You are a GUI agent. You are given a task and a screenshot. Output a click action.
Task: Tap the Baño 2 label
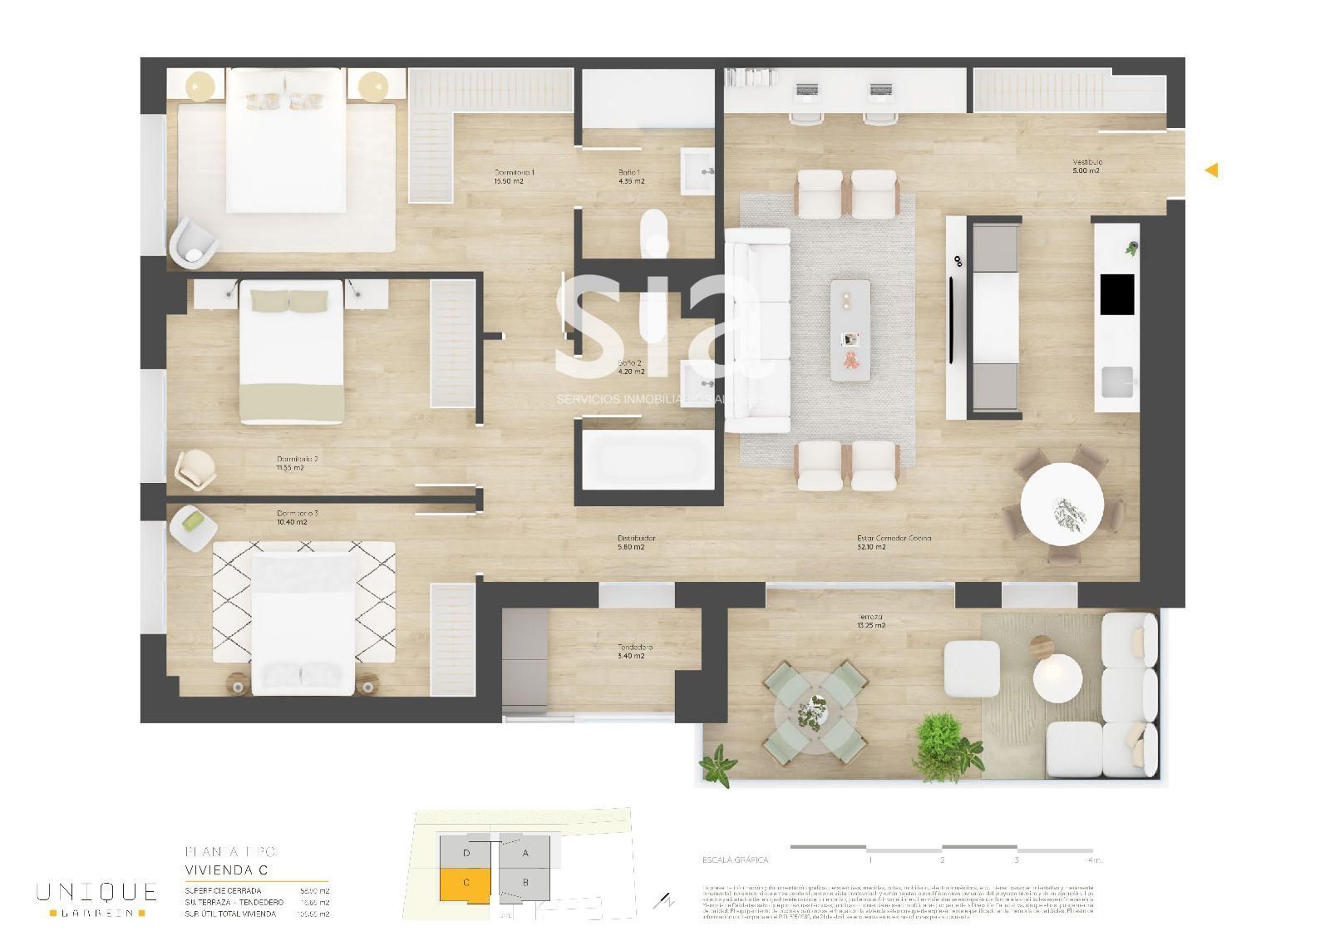(630, 367)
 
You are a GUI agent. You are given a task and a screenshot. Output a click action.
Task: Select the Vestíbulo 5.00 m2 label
(1086, 166)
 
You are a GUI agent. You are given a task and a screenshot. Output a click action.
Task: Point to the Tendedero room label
(634, 651)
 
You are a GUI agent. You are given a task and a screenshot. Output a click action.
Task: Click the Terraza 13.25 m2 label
(870, 622)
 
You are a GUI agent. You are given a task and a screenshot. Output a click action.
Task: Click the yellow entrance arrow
(1212, 170)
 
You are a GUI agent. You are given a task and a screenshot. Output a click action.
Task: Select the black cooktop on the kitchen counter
(1116, 294)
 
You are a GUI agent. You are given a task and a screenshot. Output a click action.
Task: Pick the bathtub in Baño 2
(646, 461)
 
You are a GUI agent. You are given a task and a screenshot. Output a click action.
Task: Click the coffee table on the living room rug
(850, 330)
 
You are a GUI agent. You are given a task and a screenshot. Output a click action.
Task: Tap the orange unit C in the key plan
(466, 883)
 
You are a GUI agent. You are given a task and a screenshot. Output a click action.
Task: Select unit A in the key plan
(525, 852)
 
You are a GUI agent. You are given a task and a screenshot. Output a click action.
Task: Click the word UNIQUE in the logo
(96, 893)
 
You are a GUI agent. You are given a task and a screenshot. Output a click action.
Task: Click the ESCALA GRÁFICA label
(735, 860)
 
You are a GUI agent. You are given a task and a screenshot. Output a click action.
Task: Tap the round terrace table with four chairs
(812, 712)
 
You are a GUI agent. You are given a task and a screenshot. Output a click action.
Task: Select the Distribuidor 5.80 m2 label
(636, 542)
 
